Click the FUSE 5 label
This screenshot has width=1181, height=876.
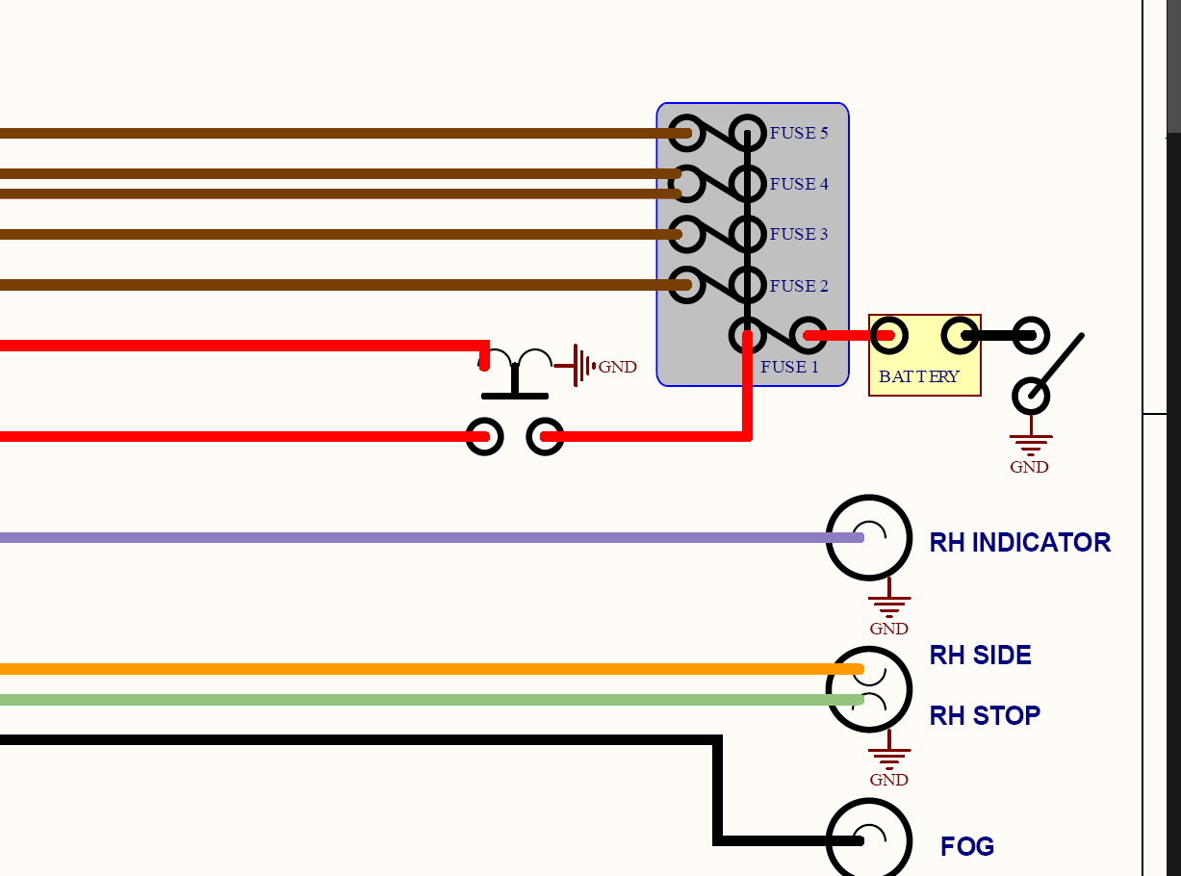tap(799, 133)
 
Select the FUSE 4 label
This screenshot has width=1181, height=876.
tap(799, 184)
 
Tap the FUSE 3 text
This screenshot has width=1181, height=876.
tap(799, 234)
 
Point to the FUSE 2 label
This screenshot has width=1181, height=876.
tap(799, 286)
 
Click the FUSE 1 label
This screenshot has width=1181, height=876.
tap(789, 367)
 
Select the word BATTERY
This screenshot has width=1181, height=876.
tap(919, 376)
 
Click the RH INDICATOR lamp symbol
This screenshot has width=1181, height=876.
tap(869, 538)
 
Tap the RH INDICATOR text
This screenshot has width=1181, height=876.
tap(1019, 543)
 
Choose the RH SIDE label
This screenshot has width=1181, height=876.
tap(980, 656)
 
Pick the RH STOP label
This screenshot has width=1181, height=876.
tap(985, 716)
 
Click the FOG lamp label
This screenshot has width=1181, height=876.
tap(967, 847)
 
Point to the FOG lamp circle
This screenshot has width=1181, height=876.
tap(869, 840)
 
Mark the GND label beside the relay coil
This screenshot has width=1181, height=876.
tap(617, 367)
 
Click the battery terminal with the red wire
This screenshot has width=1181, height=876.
tap(888, 336)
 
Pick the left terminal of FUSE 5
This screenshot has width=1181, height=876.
tap(685, 133)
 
